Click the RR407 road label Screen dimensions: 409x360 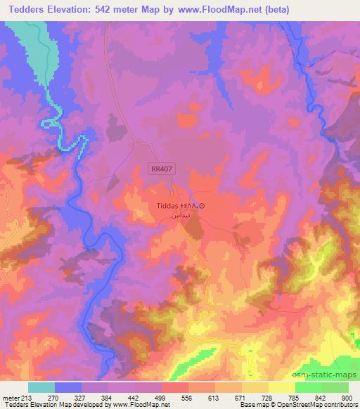point(161,169)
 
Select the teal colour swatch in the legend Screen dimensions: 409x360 point(41,387)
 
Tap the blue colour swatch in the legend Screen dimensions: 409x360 point(68,387)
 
